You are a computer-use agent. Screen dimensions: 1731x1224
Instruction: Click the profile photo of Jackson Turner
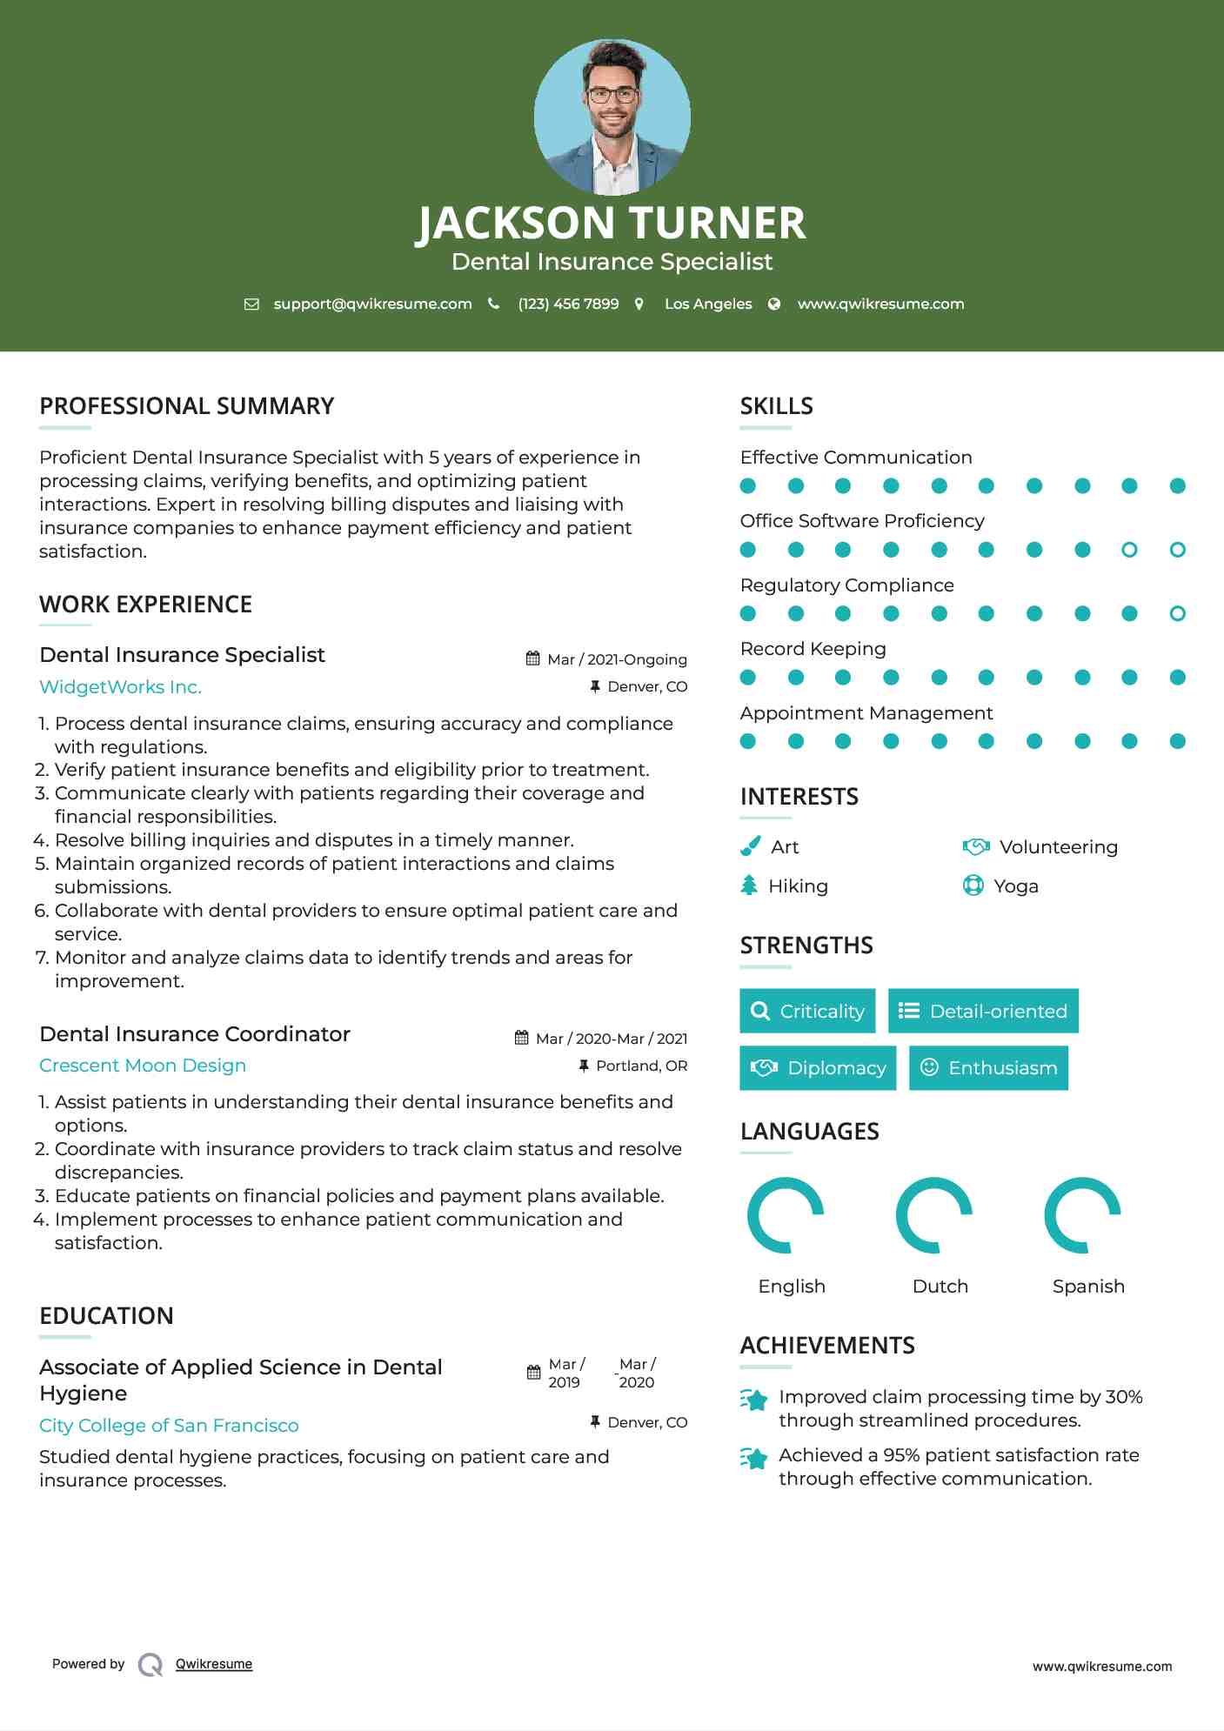tap(612, 117)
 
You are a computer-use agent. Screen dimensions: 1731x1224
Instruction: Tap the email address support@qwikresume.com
tap(372, 304)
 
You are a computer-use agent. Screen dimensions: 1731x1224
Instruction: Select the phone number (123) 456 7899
tap(568, 304)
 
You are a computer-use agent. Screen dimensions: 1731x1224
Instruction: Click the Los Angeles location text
tap(707, 304)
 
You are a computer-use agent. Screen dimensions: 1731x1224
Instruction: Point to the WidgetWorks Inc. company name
tap(120, 687)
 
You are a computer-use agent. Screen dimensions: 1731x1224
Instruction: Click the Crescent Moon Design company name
tap(143, 1066)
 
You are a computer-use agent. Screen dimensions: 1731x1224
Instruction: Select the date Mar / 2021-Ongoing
tap(617, 659)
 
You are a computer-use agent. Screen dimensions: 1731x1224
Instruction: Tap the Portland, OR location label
tap(641, 1066)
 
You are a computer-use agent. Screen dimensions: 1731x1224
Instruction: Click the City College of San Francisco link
tap(169, 1426)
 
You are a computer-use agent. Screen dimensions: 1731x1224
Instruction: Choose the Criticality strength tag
tap(807, 1011)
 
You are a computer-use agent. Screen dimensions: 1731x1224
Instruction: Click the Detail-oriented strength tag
tap(983, 1011)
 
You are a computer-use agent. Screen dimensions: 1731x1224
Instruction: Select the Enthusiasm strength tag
tap(988, 1068)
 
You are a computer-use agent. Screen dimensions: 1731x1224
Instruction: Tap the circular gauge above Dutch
tap(934, 1215)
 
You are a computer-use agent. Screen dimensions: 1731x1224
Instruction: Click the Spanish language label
tap(1088, 1287)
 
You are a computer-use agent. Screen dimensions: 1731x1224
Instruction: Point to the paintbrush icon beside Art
tap(750, 846)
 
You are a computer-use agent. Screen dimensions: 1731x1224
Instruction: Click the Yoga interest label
tap(1016, 886)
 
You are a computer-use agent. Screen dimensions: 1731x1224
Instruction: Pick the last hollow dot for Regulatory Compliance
tap(1177, 614)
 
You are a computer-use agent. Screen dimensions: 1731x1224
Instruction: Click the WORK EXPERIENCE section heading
tap(145, 605)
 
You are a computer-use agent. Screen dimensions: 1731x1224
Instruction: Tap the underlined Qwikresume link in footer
tap(214, 1664)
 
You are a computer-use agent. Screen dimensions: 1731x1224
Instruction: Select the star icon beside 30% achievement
tap(754, 1400)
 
